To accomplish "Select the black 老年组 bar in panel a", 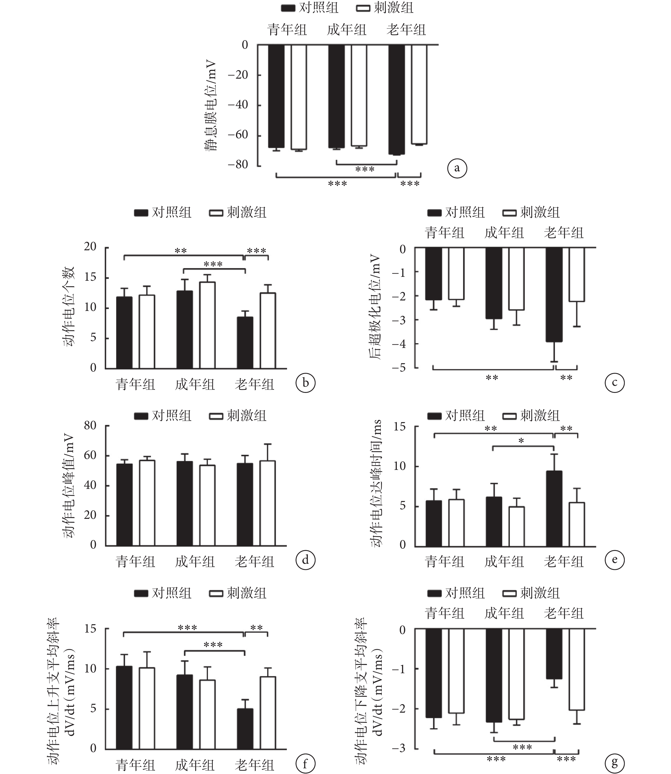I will (x=397, y=99).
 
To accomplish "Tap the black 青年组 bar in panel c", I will (x=434, y=273).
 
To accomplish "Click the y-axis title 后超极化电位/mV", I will (x=375, y=307).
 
